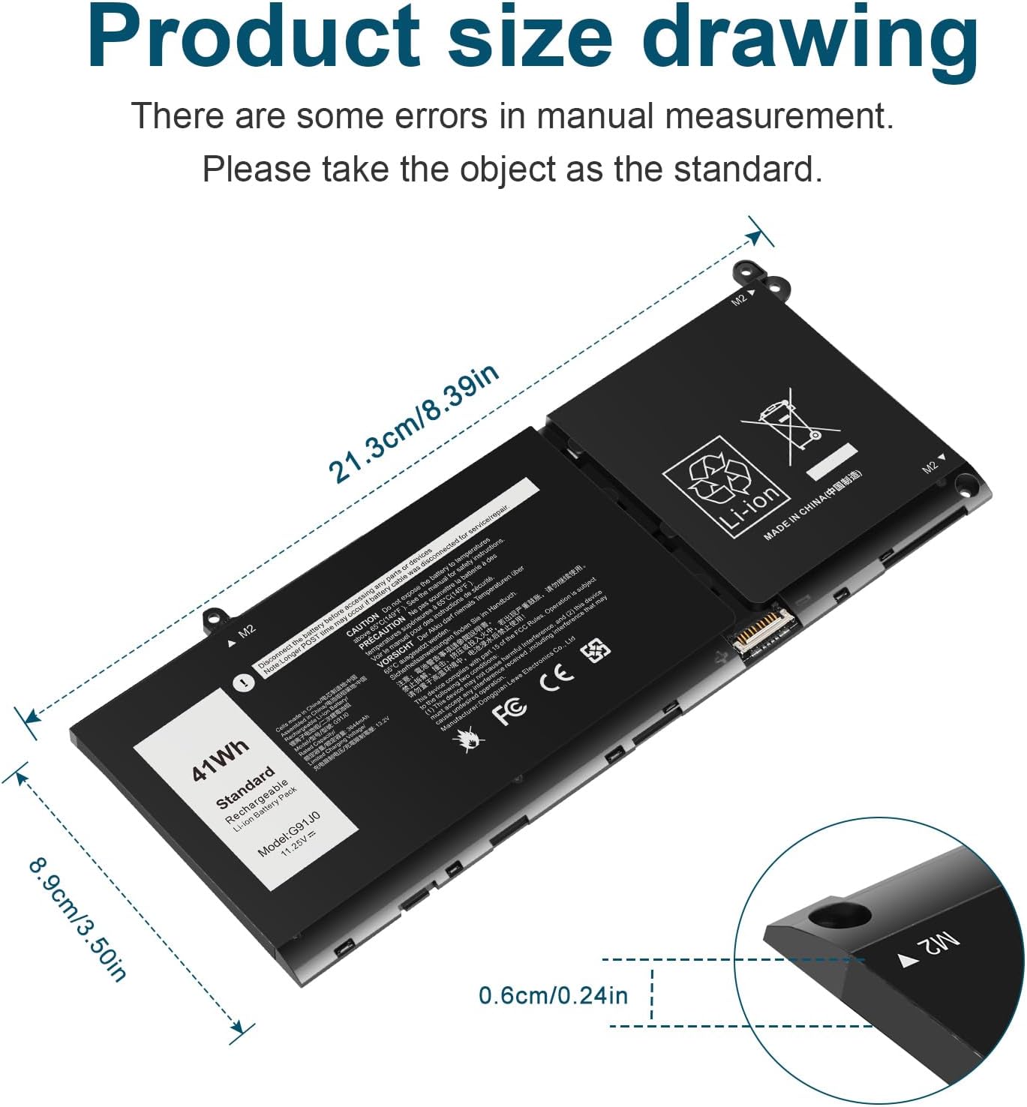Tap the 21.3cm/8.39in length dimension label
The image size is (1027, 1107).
coord(413,425)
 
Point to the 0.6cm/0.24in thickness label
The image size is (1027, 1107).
coord(553,995)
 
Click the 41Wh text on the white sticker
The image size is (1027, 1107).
coord(218,760)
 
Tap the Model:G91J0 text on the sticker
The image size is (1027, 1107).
coord(289,833)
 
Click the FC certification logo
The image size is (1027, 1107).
coord(509,709)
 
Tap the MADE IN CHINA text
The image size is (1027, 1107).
coord(812,505)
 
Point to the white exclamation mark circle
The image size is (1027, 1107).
coord(243,682)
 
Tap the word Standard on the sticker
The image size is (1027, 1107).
coord(245,787)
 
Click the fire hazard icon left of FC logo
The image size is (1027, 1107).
coord(470,739)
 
